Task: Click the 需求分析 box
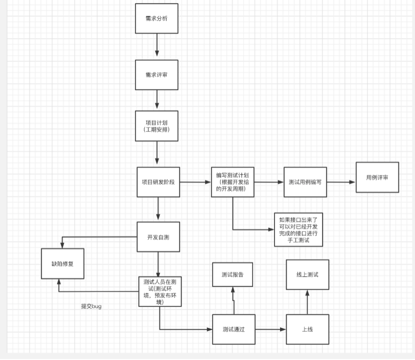click(157, 18)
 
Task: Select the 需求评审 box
click(157, 74)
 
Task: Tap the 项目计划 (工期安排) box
click(157, 126)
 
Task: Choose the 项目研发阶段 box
click(158, 182)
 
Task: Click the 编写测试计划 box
click(232, 182)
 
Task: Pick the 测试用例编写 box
click(305, 182)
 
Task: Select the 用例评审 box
click(377, 177)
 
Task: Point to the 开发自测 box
click(158, 236)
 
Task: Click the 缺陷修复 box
click(62, 263)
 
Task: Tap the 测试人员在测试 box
click(159, 291)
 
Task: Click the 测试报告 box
click(233, 274)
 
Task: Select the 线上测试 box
click(307, 274)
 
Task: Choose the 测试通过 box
click(233, 329)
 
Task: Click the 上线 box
click(307, 329)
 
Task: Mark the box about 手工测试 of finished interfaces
click(298, 229)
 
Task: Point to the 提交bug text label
click(91, 306)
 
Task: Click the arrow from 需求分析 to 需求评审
click(157, 46)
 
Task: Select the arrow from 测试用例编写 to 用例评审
click(341, 182)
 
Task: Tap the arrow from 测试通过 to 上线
click(270, 329)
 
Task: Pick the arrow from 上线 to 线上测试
click(307, 302)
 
